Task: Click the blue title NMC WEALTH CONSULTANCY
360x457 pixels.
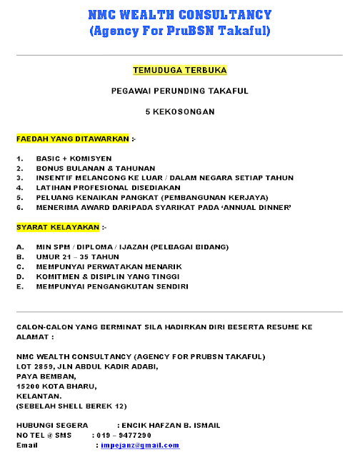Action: pyautogui.click(x=179, y=15)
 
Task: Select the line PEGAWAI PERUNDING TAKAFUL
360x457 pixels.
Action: pyautogui.click(x=179, y=91)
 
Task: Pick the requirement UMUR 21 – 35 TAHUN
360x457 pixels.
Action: pyautogui.click(x=78, y=256)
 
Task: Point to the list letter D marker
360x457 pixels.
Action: pyautogui.click(x=19, y=276)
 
